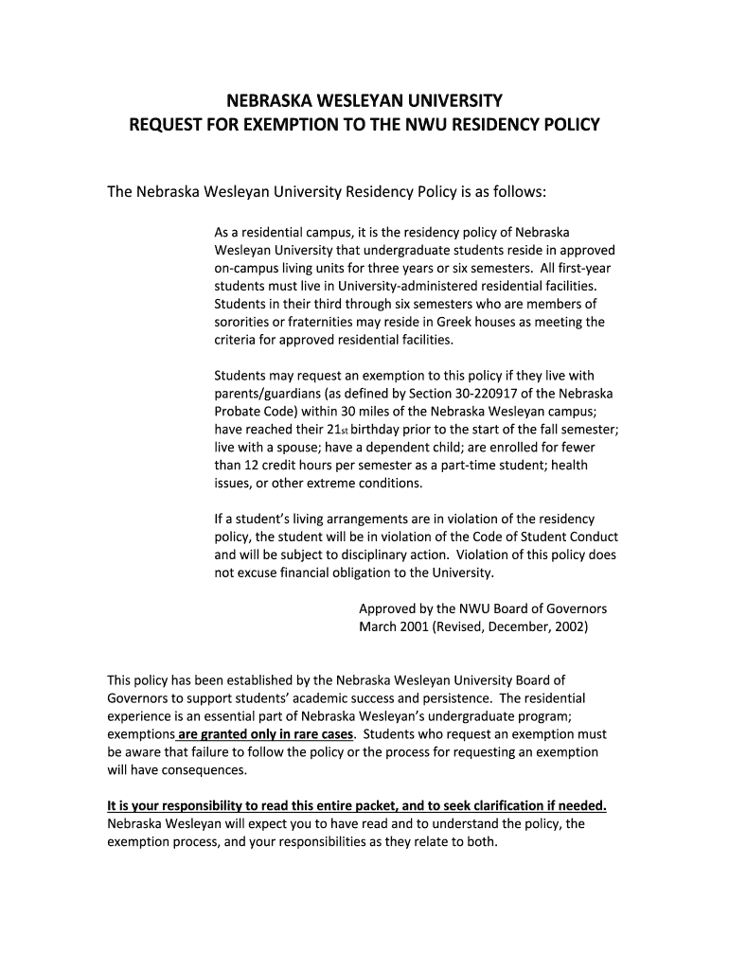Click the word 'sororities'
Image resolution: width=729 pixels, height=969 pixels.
click(x=243, y=322)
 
